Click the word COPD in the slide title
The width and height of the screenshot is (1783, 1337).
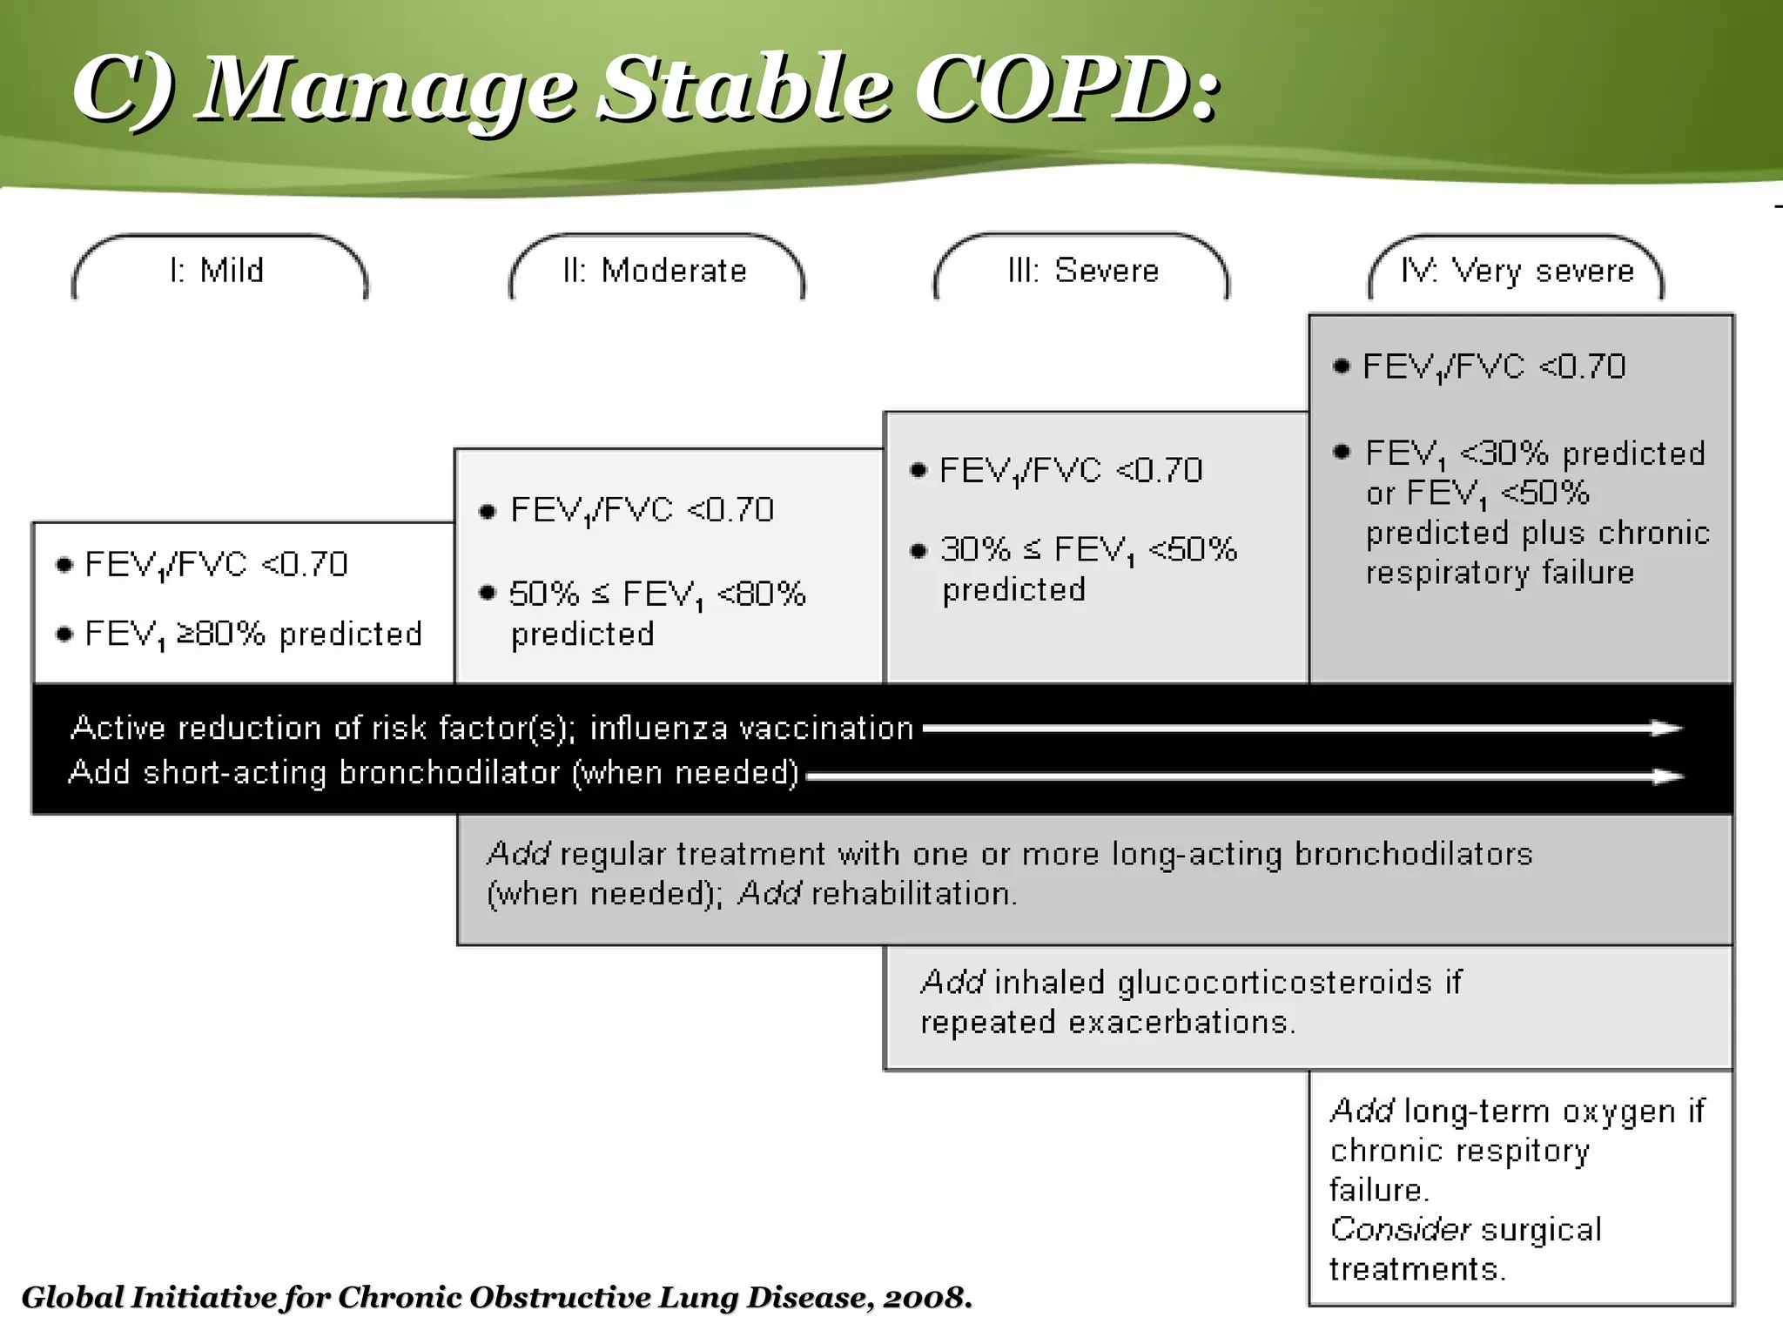coord(1053,89)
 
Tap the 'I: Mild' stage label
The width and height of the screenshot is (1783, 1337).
coord(217,271)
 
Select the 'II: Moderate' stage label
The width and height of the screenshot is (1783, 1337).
coord(655,271)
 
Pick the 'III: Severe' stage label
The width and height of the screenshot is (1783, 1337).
coord(1083,271)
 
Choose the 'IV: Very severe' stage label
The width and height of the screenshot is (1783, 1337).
coord(1517,271)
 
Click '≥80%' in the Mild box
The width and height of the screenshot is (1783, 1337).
coord(221,633)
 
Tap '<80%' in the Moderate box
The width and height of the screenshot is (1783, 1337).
coord(761,594)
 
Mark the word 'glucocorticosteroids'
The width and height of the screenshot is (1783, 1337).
coord(1275,982)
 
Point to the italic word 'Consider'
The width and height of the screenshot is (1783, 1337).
coord(1400,1229)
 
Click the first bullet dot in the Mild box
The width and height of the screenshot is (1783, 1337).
coord(64,565)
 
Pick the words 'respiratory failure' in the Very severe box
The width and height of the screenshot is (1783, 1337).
coord(1499,573)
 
